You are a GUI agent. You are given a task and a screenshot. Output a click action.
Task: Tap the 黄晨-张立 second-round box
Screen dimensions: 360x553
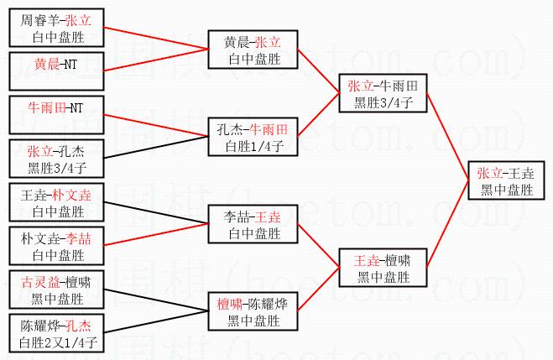point(253,50)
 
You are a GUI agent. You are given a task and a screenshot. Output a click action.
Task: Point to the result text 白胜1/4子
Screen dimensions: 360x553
point(253,146)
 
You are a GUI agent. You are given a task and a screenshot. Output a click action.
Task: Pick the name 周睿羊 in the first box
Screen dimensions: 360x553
point(38,18)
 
